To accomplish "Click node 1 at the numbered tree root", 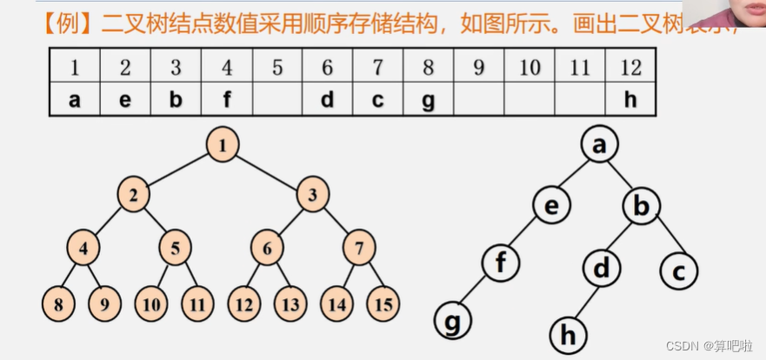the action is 223,144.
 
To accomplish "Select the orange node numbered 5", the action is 175,249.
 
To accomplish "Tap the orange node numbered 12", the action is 243,303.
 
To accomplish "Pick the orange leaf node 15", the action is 383,303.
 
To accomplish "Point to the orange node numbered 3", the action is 312,195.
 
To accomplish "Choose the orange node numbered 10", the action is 150,303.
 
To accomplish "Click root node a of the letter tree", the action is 598,145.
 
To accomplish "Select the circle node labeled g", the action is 452,321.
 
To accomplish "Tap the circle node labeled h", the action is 568,333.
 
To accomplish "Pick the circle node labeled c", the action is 679,271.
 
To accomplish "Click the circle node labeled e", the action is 552,206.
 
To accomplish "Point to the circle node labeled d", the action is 601,269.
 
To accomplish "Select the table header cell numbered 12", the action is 630,67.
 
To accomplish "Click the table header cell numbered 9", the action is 479,67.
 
